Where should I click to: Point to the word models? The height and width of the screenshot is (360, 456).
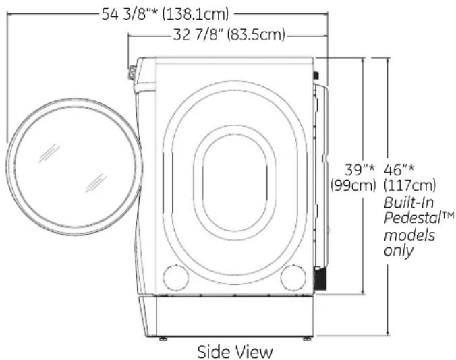(x=409, y=235)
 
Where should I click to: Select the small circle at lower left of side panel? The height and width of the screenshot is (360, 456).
(x=175, y=276)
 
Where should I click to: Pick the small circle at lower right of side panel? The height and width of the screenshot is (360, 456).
(x=293, y=276)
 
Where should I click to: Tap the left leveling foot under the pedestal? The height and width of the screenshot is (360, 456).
(x=163, y=338)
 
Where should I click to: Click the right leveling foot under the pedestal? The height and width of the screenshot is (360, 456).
(x=307, y=338)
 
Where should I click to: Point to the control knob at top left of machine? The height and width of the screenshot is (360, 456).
(x=132, y=69)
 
